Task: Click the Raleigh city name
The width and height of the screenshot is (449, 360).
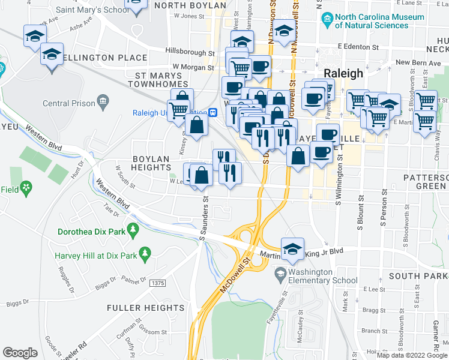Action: [x=343, y=73]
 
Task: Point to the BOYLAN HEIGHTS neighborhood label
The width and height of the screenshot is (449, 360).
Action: [x=152, y=164]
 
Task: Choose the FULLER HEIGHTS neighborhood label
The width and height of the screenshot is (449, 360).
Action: [x=145, y=308]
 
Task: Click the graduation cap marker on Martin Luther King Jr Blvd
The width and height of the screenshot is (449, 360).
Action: [x=292, y=248]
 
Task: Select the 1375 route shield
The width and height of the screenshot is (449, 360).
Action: [x=158, y=283]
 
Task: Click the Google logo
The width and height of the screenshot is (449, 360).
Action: [x=20, y=353]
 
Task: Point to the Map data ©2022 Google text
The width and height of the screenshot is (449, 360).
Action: [x=411, y=355]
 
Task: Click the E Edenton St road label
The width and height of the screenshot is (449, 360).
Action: [x=358, y=46]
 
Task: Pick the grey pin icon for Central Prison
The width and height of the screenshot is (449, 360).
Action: [x=103, y=102]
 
